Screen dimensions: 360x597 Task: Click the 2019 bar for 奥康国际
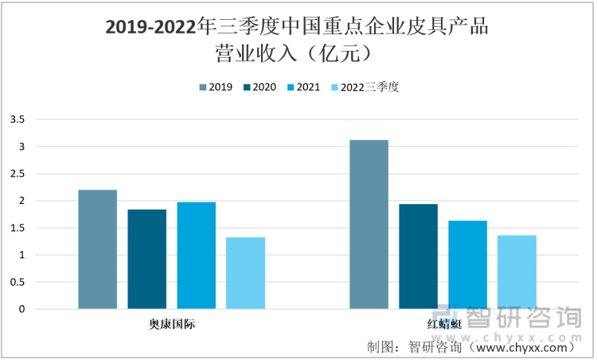[x=98, y=249]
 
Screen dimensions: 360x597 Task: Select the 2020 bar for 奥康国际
[x=147, y=259]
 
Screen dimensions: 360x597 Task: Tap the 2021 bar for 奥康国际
[x=197, y=256]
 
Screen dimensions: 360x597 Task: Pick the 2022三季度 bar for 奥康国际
[x=245, y=273]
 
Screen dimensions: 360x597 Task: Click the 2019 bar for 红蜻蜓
[x=369, y=225]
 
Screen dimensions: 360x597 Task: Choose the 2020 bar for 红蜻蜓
[x=419, y=256]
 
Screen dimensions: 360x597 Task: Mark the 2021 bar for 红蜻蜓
[x=467, y=264]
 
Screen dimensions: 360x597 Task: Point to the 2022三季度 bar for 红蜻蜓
[x=517, y=272]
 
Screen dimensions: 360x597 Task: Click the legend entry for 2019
[x=215, y=88]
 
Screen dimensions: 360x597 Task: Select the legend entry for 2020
[x=259, y=88]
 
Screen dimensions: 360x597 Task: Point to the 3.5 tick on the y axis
[x=18, y=119]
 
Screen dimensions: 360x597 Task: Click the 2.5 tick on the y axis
[x=18, y=174]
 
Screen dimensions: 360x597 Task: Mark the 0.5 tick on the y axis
[x=18, y=282]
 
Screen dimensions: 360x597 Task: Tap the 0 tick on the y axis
[x=22, y=309]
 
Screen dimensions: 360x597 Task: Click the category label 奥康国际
[x=172, y=324]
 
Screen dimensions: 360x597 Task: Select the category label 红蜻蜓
[x=443, y=324]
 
